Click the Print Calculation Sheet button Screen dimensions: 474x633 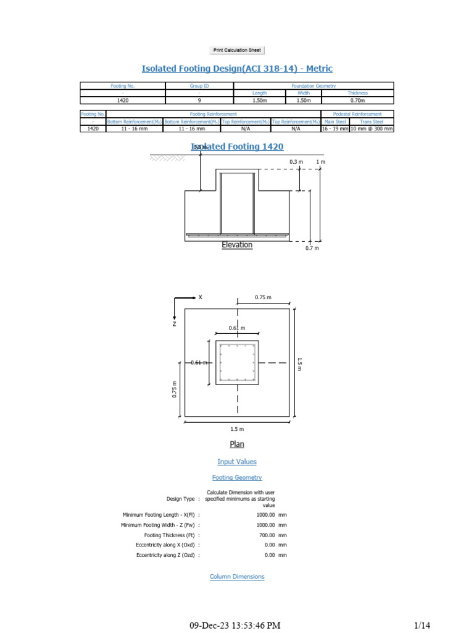point(237,50)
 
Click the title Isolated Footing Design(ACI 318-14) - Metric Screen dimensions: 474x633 point(237,69)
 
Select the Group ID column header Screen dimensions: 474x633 point(199,86)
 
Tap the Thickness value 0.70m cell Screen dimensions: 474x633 point(358,100)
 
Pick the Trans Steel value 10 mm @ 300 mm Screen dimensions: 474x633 point(372,129)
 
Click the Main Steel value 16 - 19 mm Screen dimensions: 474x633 point(335,129)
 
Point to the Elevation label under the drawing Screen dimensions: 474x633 point(237,245)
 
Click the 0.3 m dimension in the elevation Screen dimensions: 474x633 point(296,162)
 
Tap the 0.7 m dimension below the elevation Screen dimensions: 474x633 point(312,248)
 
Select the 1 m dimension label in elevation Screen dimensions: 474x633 point(320,162)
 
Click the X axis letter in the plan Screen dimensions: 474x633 point(200,297)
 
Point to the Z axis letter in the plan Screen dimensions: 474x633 point(175,323)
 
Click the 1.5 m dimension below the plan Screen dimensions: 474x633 point(237,429)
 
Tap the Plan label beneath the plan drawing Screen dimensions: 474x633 point(237,444)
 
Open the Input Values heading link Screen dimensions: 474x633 point(237,462)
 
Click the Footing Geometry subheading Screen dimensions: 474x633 point(237,477)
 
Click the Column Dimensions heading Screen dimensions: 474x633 point(237,577)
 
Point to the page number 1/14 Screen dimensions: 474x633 point(422,626)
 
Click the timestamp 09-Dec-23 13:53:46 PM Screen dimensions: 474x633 point(235,626)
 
